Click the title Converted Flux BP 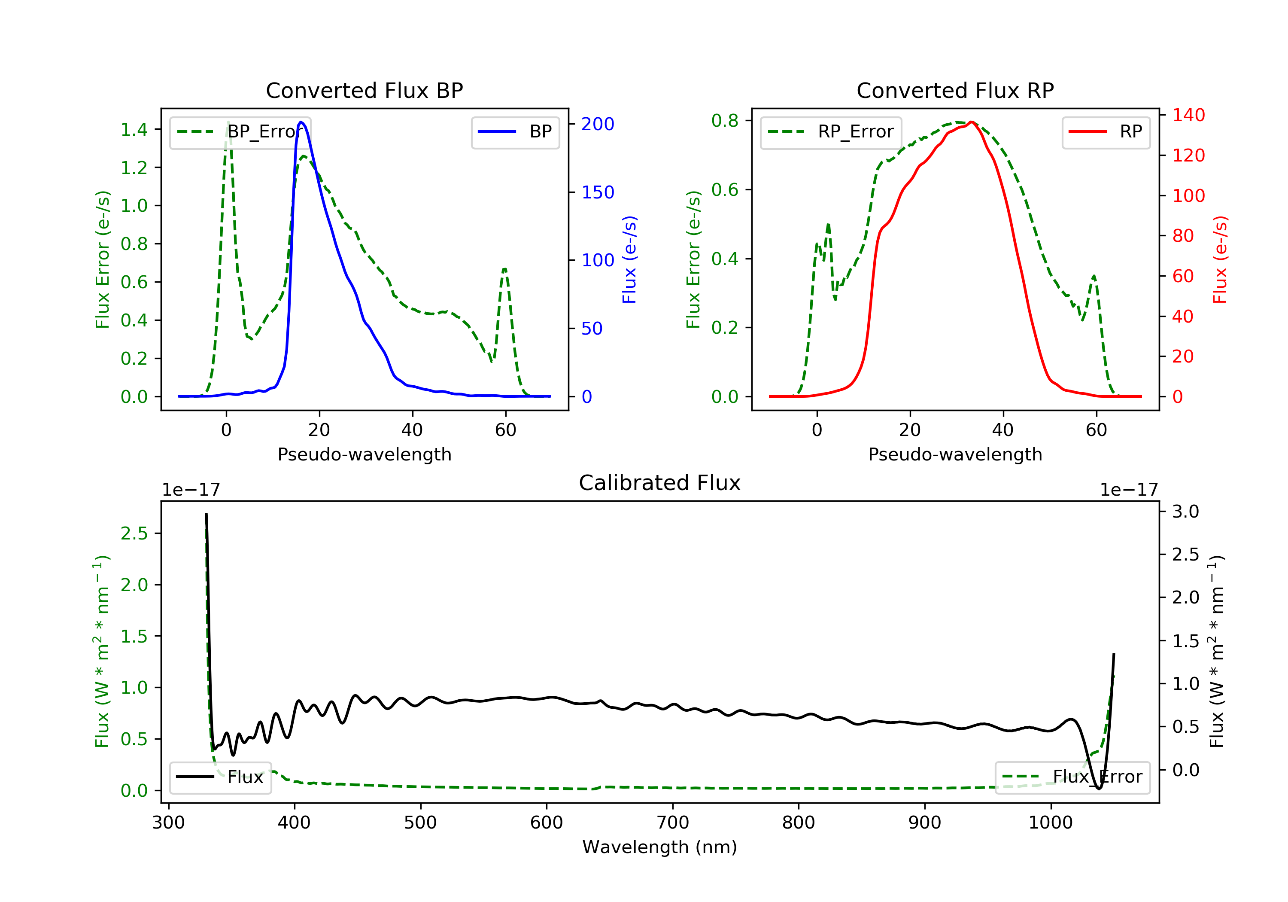click(364, 90)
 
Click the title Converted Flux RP click(955, 90)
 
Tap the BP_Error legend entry click(240, 132)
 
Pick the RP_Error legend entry click(831, 132)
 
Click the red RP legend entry click(1106, 132)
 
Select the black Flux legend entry click(221, 777)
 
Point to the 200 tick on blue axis click(598, 124)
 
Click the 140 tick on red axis click(1188, 115)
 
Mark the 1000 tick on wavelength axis click(1050, 823)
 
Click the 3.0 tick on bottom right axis click(1185, 511)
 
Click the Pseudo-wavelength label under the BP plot click(364, 454)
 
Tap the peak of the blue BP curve click(301, 122)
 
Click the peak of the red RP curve click(971, 122)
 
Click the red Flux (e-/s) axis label click(1220, 259)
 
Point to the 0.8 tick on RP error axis click(725, 121)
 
